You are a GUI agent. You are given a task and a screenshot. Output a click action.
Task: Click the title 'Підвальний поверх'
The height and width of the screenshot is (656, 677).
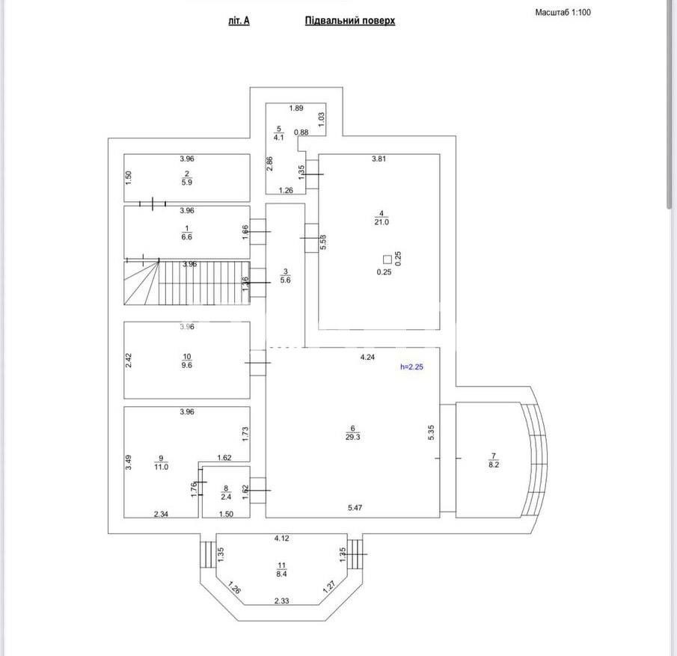[x=349, y=21]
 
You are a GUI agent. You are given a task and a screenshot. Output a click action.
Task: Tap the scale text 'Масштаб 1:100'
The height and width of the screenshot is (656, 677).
[x=563, y=13]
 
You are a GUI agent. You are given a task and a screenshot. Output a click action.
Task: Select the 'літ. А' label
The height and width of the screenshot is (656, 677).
[x=239, y=21]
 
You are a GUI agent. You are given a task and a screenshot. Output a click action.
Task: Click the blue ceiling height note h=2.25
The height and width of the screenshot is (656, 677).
[x=417, y=367]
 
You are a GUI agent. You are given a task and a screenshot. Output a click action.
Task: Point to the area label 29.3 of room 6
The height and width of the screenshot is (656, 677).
[x=353, y=438]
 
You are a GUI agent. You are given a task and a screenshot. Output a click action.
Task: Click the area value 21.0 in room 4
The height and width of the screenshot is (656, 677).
[x=382, y=222]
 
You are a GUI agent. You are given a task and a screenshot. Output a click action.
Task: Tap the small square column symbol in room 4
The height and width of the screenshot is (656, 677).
[x=387, y=260]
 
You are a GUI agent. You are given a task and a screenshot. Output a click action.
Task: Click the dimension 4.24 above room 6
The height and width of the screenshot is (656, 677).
[x=367, y=358]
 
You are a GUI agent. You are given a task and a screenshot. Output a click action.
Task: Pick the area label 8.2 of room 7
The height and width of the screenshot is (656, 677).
[x=493, y=465]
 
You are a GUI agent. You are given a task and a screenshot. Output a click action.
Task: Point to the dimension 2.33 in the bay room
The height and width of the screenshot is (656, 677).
[x=281, y=601]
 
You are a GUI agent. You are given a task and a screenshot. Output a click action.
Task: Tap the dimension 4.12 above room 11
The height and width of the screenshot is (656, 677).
[x=281, y=539]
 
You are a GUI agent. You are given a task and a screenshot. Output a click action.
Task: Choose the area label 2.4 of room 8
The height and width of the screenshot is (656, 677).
[x=226, y=496]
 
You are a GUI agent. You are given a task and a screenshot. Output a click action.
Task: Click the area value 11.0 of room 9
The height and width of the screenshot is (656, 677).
[x=162, y=467]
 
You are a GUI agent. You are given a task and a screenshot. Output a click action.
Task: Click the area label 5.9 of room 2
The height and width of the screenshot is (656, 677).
[x=187, y=183]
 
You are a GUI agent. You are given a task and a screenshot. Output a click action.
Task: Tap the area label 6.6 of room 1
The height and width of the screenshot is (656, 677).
[x=187, y=237]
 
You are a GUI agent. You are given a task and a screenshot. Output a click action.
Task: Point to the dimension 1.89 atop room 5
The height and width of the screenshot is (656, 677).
[x=296, y=108]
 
